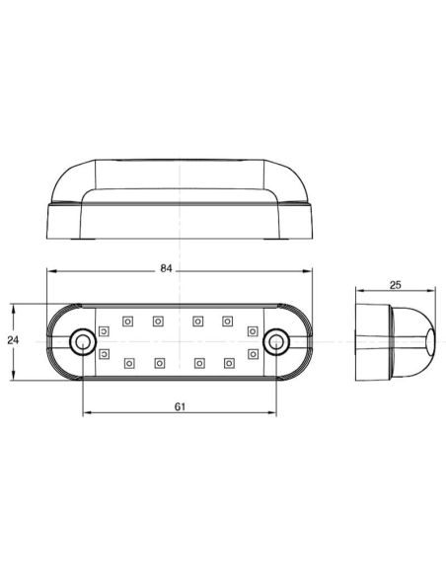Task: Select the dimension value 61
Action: (x=179, y=405)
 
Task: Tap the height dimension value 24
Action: (x=12, y=340)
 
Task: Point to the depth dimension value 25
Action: (x=396, y=284)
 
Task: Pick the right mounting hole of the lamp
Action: (x=277, y=341)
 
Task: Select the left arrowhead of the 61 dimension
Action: (x=85, y=414)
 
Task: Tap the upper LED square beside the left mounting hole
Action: (x=104, y=330)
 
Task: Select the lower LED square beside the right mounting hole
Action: (x=253, y=352)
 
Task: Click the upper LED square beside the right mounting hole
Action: (x=253, y=330)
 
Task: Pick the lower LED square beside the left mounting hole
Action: (x=104, y=352)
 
